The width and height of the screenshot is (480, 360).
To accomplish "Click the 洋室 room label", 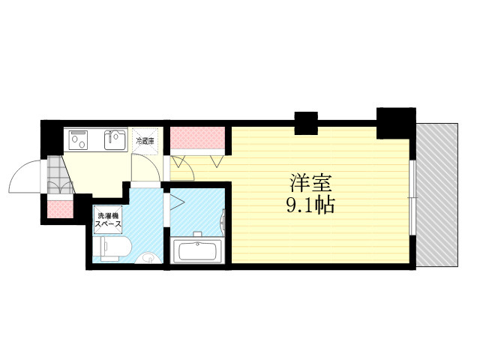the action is coord(310,183).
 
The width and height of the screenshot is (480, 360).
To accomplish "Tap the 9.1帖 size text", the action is coord(310,205).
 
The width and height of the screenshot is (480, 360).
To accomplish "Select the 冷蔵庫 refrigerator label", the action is coord(145,141).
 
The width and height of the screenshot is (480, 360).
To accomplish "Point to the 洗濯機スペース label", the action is coord(108,220).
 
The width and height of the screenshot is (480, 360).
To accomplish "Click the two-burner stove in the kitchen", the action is coord(78,140).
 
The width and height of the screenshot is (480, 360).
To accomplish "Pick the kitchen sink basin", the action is coord(115,140).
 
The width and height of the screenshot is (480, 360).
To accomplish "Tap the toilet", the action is coord(112,248).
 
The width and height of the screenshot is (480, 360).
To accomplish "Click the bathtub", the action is coord(197,251).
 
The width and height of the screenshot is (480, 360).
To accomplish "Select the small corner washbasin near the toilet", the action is coord(148,258).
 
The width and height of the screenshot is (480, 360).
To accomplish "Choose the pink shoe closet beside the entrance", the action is coord(61,208).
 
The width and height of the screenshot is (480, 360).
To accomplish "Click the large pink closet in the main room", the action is coord(198,138).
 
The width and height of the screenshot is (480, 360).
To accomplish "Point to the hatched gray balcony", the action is coord(437,195).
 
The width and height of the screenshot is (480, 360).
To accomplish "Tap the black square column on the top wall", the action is coord(306,123).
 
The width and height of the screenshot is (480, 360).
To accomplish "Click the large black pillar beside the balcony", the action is coord(396,123).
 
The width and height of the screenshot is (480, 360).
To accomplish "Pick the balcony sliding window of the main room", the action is coord(412,198).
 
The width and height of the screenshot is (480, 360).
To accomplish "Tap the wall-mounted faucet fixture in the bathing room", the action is coord(223,223).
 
